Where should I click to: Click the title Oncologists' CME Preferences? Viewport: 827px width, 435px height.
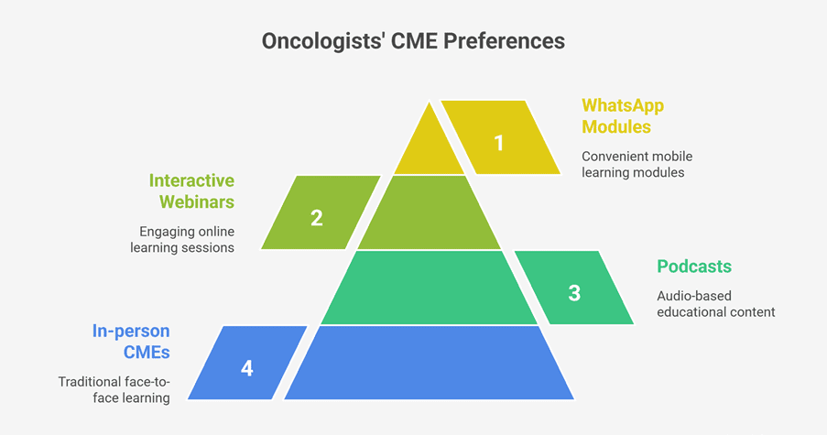(x=414, y=41)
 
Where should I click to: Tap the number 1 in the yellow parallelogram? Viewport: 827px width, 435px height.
(x=499, y=143)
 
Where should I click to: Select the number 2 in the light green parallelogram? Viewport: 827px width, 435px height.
(x=317, y=218)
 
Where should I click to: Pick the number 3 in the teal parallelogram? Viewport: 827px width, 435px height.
(x=574, y=293)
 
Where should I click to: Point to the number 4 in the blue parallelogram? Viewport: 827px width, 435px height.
(x=247, y=368)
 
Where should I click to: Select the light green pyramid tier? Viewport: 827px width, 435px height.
(x=430, y=212)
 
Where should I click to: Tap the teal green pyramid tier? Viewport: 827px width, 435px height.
(x=430, y=288)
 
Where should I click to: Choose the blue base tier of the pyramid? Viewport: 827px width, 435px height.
(x=430, y=363)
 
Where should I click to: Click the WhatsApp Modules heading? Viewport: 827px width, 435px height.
(x=623, y=116)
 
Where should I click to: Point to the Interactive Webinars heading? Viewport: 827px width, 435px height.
(x=191, y=190)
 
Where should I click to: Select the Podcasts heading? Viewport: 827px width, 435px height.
(x=694, y=266)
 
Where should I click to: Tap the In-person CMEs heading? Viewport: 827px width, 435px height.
(x=131, y=342)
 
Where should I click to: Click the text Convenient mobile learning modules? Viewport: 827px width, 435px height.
(x=637, y=165)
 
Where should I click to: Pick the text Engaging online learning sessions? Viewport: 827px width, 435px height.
(x=182, y=239)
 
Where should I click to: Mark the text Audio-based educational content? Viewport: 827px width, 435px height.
(x=715, y=304)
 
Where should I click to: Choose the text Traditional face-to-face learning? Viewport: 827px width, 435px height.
(x=114, y=389)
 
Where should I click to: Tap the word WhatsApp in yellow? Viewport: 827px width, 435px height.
(x=623, y=105)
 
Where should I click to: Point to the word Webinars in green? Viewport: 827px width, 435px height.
(x=197, y=202)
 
